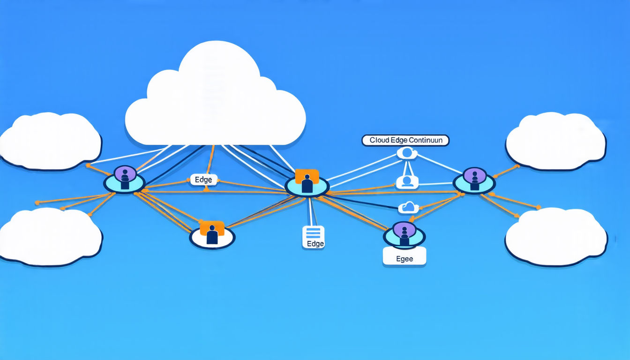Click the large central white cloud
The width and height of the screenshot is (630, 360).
coord(215,96)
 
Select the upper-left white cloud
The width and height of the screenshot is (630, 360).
coord(51,141)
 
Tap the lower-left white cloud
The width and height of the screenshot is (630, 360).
coord(51,237)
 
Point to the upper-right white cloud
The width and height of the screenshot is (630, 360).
coord(555,141)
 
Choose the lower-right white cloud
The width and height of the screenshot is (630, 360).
coord(556,237)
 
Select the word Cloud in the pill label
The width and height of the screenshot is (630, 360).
coord(378,140)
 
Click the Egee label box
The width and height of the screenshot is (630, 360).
coord(405,256)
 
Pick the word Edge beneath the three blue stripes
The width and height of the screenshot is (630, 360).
coord(315,244)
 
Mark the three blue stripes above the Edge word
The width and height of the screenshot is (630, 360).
coord(313,233)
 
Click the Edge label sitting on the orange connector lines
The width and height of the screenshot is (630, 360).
coord(203,180)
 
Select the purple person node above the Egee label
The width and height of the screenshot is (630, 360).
coord(404,235)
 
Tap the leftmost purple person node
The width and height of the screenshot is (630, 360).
coord(124,179)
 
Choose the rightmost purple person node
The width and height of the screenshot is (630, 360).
coord(474,181)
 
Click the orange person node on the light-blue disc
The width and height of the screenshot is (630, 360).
coord(307,182)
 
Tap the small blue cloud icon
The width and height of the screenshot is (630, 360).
coord(408,208)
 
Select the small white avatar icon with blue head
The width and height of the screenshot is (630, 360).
coord(407,182)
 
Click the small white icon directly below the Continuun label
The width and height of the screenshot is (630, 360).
coord(407,153)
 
